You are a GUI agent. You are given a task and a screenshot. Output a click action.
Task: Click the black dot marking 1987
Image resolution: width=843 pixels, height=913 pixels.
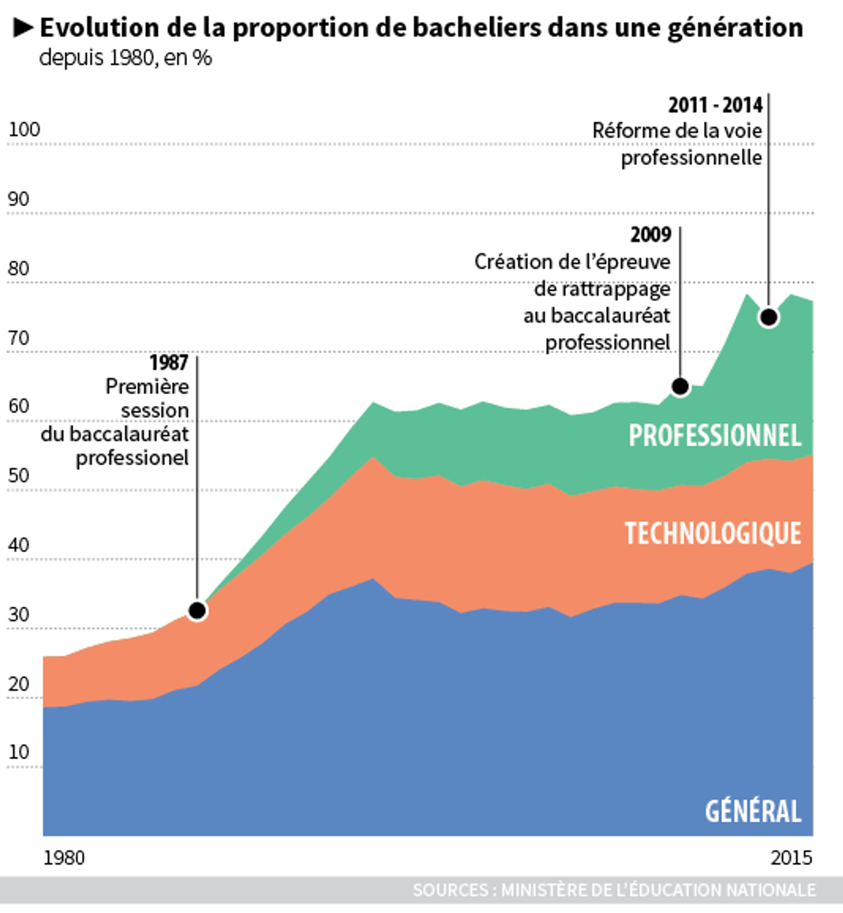[197, 611]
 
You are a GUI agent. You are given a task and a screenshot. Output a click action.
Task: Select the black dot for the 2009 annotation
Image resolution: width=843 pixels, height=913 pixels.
[680, 386]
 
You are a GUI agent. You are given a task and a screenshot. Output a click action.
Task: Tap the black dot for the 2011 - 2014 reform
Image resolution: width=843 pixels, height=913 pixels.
[769, 317]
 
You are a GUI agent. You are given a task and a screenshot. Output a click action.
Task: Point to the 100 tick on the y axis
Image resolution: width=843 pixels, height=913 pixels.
[24, 130]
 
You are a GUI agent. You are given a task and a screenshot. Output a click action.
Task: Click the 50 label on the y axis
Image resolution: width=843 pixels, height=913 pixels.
[19, 476]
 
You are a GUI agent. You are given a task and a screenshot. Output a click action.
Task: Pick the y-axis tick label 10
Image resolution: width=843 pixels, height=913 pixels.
[19, 752]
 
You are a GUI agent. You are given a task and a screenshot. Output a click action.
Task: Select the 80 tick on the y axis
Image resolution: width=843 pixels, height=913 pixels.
[19, 269]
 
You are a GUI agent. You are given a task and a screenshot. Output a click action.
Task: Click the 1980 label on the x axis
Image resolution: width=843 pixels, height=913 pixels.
[63, 858]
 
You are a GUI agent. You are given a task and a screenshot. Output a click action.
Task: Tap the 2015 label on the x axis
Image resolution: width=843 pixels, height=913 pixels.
[791, 858]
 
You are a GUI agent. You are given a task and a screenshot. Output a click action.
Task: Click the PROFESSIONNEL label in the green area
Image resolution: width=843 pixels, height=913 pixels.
[715, 436]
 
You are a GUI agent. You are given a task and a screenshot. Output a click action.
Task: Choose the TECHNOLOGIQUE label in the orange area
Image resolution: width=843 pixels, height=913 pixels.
[713, 534]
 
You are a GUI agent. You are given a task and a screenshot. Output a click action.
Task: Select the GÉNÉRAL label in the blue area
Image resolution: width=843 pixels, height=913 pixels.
[753, 812]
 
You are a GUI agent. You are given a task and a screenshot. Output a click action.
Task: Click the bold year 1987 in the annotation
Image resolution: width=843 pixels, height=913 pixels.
[169, 363]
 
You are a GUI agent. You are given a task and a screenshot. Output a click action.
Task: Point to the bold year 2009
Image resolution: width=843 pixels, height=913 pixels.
[651, 235]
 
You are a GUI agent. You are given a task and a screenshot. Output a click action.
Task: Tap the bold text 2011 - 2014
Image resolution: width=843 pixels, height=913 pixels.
[715, 105]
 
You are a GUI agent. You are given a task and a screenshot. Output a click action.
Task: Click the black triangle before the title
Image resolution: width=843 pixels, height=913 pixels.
[23, 27]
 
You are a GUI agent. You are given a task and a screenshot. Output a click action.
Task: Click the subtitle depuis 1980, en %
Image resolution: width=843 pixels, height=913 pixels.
[126, 58]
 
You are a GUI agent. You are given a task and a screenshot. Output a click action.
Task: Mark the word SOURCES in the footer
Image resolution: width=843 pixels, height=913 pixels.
[450, 890]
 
